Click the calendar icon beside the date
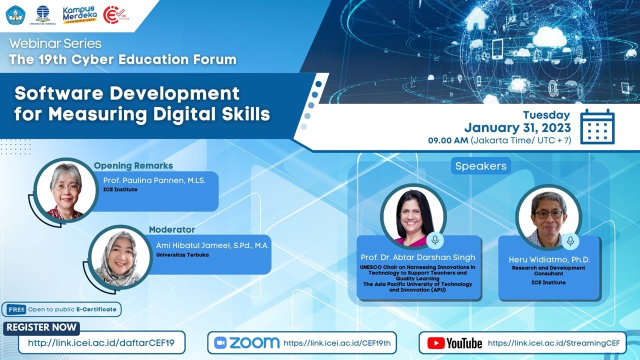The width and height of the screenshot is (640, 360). [x=597, y=127]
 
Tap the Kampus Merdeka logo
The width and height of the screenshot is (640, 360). [x=79, y=15]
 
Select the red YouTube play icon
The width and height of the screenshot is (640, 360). [x=436, y=343]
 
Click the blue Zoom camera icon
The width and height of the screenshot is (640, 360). [x=220, y=343]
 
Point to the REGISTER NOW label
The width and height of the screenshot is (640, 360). [x=42, y=327]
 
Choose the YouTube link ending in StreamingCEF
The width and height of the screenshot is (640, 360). [x=553, y=343]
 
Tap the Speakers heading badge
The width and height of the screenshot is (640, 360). [x=480, y=166]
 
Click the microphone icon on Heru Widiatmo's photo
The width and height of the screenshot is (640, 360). [x=569, y=241]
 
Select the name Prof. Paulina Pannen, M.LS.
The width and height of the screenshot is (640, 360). [x=154, y=180]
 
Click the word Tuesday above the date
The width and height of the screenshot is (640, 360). [x=546, y=115]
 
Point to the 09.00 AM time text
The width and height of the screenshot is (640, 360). [x=447, y=140]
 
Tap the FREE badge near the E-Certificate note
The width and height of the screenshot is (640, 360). [x=16, y=309]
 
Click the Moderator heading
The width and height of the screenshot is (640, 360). [x=171, y=230]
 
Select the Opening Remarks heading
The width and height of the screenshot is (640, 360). [x=133, y=165]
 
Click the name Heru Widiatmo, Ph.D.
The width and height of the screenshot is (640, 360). [x=549, y=259]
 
